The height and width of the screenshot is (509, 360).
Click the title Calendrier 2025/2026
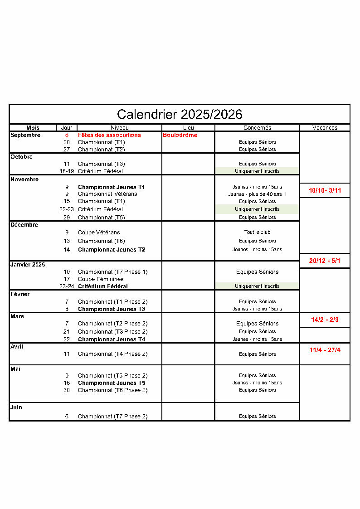tap(180, 114)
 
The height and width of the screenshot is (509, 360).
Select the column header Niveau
tap(120, 128)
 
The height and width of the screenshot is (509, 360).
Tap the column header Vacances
tap(325, 128)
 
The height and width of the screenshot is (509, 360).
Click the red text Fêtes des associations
tap(109, 135)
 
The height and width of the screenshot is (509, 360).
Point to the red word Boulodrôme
tap(180, 135)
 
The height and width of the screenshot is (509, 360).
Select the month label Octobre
tap(22, 157)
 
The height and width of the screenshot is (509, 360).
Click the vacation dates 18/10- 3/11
tap(325, 191)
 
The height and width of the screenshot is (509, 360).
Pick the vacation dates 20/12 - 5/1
tap(325, 261)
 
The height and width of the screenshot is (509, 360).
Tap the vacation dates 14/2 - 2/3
tap(325, 320)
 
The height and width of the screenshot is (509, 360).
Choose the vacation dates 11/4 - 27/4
tap(325, 350)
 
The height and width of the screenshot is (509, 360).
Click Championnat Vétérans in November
tap(107, 194)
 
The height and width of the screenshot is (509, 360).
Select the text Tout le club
tap(257, 232)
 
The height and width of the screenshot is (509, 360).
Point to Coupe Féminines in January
tap(101, 279)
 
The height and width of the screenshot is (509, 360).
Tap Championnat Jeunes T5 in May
tap(112, 383)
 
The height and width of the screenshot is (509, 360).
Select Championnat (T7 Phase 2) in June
tap(112, 416)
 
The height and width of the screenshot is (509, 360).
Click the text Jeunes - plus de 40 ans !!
tap(257, 194)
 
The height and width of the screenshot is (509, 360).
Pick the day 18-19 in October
tap(67, 171)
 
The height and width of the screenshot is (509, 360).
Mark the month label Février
tap(20, 294)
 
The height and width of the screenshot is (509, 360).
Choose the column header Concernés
tap(257, 128)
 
